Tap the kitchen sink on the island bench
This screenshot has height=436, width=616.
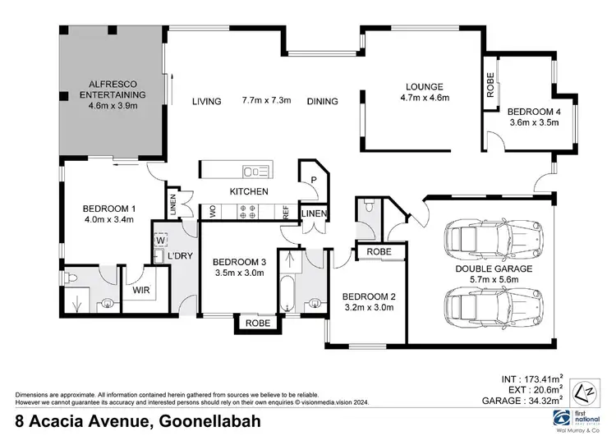pyautogui.click(x=256, y=171)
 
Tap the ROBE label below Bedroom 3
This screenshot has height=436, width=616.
pyautogui.click(x=257, y=324)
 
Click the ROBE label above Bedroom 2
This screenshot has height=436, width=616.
pyautogui.click(x=379, y=251)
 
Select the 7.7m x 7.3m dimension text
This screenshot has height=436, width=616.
pyautogui.click(x=268, y=101)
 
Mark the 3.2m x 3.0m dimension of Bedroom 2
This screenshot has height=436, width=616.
pyautogui.click(x=370, y=309)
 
